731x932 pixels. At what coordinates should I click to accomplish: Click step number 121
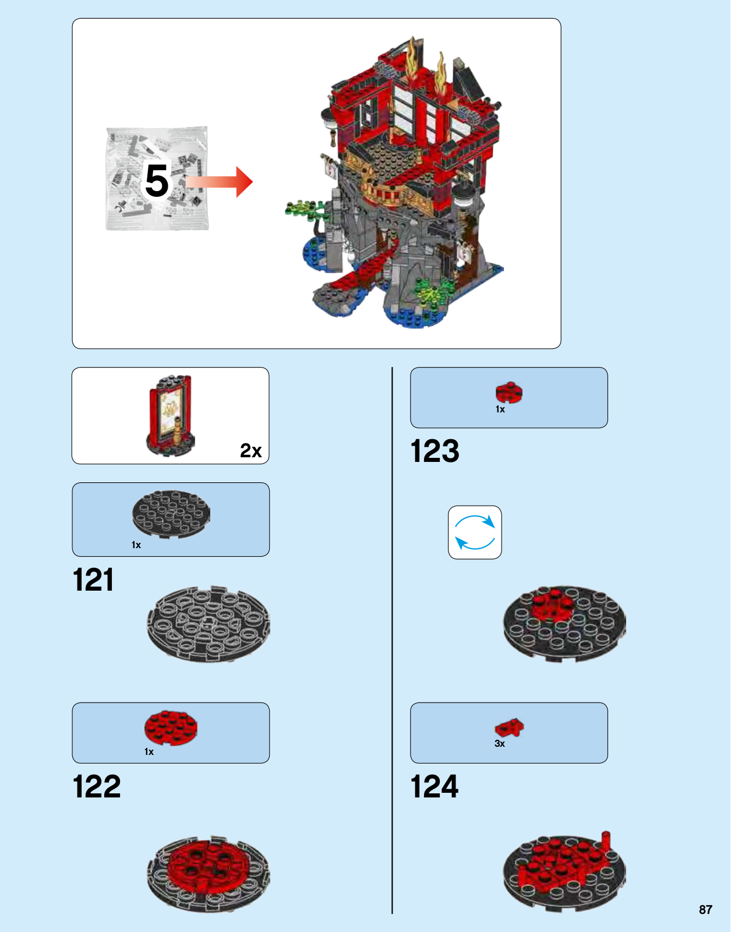93,580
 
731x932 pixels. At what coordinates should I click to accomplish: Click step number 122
97,786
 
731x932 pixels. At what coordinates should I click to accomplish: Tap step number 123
435,451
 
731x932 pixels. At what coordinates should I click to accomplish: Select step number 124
435,786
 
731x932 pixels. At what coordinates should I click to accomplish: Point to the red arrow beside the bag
219,182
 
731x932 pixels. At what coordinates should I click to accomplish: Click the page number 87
706,909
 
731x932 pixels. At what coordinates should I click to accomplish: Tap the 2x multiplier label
251,450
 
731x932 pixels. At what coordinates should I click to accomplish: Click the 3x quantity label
500,743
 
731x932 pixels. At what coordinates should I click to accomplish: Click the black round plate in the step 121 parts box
171,514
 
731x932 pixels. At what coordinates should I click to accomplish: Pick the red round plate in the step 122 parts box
171,728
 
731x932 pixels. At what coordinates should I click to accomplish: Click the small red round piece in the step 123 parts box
509,392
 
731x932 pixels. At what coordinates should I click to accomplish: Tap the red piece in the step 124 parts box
509,728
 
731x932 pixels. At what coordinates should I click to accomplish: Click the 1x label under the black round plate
136,545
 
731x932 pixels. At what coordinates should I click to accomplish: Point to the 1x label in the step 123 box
500,409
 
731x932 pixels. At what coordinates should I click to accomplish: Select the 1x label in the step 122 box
149,751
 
